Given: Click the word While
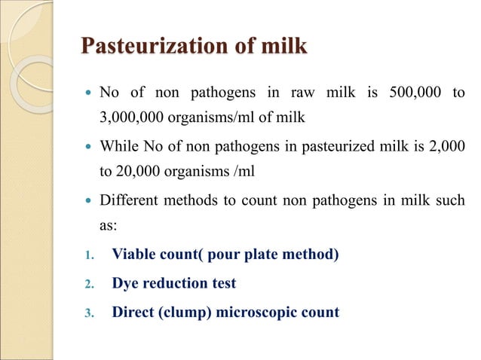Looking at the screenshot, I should (x=119, y=146).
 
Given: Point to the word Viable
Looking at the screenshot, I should (x=133, y=254).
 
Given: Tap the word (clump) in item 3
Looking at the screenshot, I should (x=179, y=313).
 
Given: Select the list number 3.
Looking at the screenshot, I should (x=87, y=313).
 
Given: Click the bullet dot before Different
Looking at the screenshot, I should (x=87, y=201).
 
